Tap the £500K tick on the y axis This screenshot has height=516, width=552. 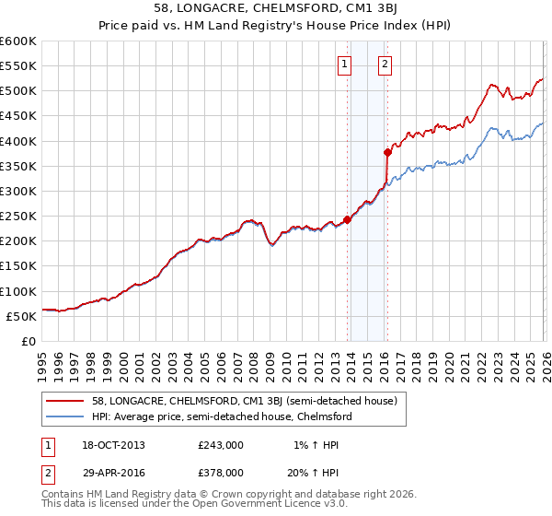pos(18,91)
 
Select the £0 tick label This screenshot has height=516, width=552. pos(28,341)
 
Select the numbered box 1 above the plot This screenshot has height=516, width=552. pos(344,64)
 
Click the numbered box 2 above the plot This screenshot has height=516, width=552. pos(384,64)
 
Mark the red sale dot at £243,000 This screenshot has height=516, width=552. pos(347,219)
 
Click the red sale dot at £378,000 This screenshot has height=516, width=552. pos(387,152)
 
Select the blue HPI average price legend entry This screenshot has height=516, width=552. pos(221,416)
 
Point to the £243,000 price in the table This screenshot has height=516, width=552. pos(221,445)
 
